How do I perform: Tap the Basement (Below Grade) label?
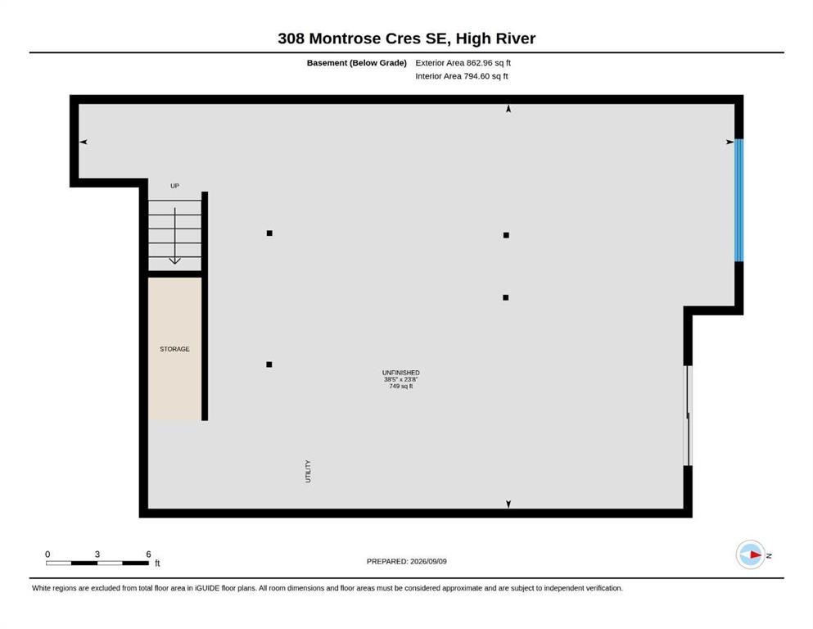click(356, 63)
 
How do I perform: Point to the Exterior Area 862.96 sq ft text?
click(463, 63)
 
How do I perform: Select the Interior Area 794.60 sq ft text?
click(462, 75)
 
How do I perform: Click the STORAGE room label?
click(174, 349)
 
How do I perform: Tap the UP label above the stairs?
click(174, 186)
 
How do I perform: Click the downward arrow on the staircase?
click(174, 236)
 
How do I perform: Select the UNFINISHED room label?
click(401, 373)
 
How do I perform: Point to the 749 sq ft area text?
click(401, 387)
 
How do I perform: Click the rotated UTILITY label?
click(308, 472)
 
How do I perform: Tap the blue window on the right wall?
click(738, 200)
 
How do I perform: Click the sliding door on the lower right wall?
click(688, 415)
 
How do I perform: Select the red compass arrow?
click(756, 554)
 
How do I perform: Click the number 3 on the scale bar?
click(97, 554)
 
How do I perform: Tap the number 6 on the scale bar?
click(148, 554)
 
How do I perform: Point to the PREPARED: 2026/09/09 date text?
click(406, 561)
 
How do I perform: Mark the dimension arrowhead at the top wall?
click(508, 109)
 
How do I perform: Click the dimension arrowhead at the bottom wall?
click(508, 504)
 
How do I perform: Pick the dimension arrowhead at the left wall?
click(83, 142)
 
